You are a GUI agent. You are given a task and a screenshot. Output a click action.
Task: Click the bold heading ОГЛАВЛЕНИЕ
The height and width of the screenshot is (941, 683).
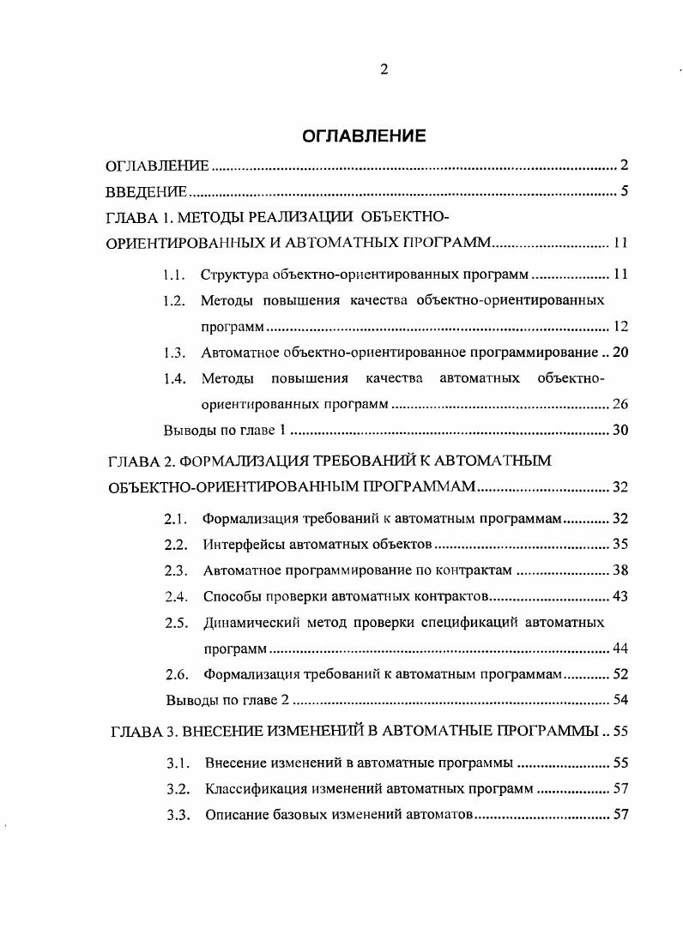(x=364, y=136)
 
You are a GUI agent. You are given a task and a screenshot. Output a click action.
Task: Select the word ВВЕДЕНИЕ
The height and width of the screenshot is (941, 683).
(x=146, y=191)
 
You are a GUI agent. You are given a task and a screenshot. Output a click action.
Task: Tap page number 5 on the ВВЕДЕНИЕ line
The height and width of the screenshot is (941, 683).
(x=625, y=191)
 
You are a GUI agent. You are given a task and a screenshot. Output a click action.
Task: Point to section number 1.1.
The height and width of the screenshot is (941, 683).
(x=174, y=275)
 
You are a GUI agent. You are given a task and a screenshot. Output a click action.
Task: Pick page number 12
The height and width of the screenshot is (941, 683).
(x=621, y=327)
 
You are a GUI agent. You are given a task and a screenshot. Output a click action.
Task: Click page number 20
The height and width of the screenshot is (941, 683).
(x=620, y=353)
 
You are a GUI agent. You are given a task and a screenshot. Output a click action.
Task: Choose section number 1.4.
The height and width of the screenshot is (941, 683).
(x=174, y=378)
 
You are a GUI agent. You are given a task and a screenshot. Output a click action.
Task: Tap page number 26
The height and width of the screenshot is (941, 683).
(x=620, y=404)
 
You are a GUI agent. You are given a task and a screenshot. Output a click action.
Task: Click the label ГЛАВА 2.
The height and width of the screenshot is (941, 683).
(x=142, y=461)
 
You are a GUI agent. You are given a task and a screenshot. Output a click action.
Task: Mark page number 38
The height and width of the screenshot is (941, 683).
(x=620, y=570)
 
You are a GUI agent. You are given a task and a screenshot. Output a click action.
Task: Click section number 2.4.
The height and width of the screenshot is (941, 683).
(x=176, y=596)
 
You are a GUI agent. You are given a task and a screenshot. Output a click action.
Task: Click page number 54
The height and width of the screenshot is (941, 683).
(x=620, y=700)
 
